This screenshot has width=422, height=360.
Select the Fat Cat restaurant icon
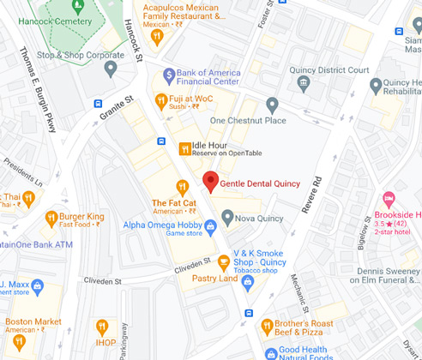[182, 187]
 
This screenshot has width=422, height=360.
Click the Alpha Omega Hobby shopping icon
[210, 225]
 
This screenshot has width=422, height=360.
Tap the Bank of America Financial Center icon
[169, 75]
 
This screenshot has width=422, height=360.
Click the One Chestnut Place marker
[272, 105]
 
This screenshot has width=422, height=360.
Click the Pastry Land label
[215, 279]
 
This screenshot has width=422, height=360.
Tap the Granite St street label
[118, 113]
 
